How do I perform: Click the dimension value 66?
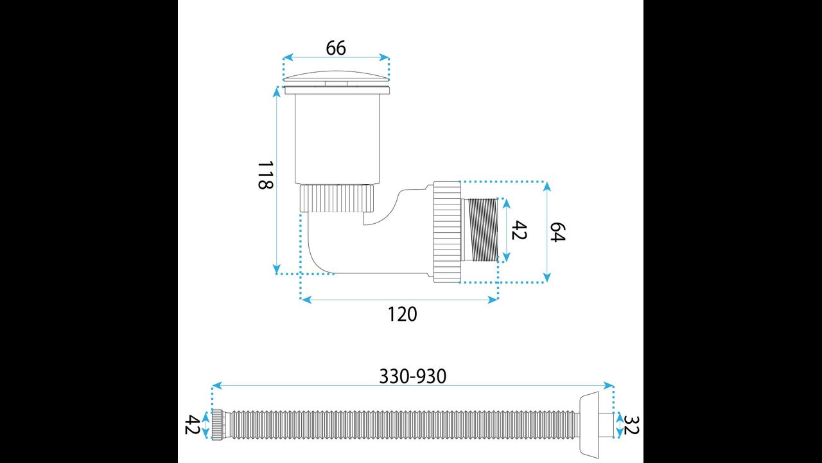pyautogui.click(x=336, y=48)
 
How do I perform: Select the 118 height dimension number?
pyautogui.click(x=265, y=175)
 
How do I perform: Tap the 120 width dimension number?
pyautogui.click(x=402, y=314)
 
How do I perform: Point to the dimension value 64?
pyautogui.click(x=557, y=232)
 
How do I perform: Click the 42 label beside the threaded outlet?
pyautogui.click(x=519, y=230)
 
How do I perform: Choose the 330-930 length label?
pyautogui.click(x=412, y=376)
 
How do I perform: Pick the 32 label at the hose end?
pyautogui.click(x=631, y=425)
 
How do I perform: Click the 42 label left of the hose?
pyautogui.click(x=192, y=424)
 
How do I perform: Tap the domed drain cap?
pyautogui.click(x=336, y=76)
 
